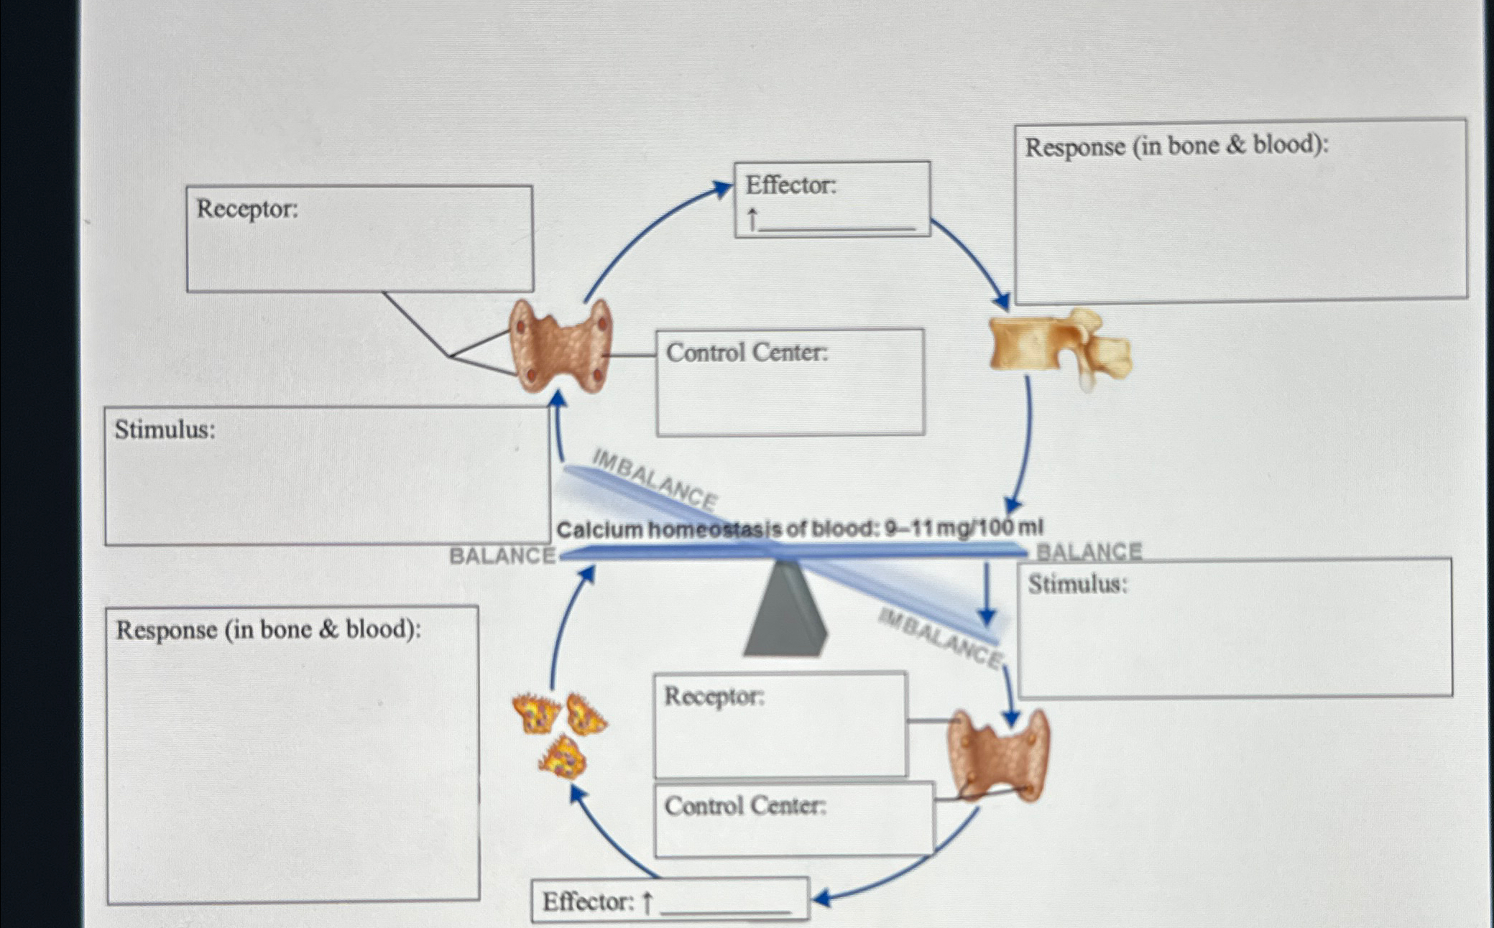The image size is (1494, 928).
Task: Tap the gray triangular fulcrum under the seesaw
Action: click(x=785, y=611)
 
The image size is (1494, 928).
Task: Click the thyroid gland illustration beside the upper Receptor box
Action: click(x=561, y=346)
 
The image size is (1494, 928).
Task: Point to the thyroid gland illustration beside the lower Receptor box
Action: click(x=998, y=756)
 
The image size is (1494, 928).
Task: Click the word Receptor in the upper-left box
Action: click(x=246, y=209)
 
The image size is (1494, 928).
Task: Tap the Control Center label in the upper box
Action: click(x=747, y=353)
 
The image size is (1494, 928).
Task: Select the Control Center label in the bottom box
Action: click(x=745, y=806)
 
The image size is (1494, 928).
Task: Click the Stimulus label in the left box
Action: click(x=165, y=430)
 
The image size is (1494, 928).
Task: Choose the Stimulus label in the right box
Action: click(x=1077, y=584)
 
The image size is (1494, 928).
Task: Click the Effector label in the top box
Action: click(x=790, y=185)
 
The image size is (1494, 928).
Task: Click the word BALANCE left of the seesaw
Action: click(x=502, y=556)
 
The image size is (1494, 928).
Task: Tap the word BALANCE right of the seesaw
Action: click(x=1089, y=552)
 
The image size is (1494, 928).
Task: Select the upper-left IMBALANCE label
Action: click(x=654, y=479)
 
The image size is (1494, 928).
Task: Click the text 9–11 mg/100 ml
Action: click(x=963, y=528)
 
